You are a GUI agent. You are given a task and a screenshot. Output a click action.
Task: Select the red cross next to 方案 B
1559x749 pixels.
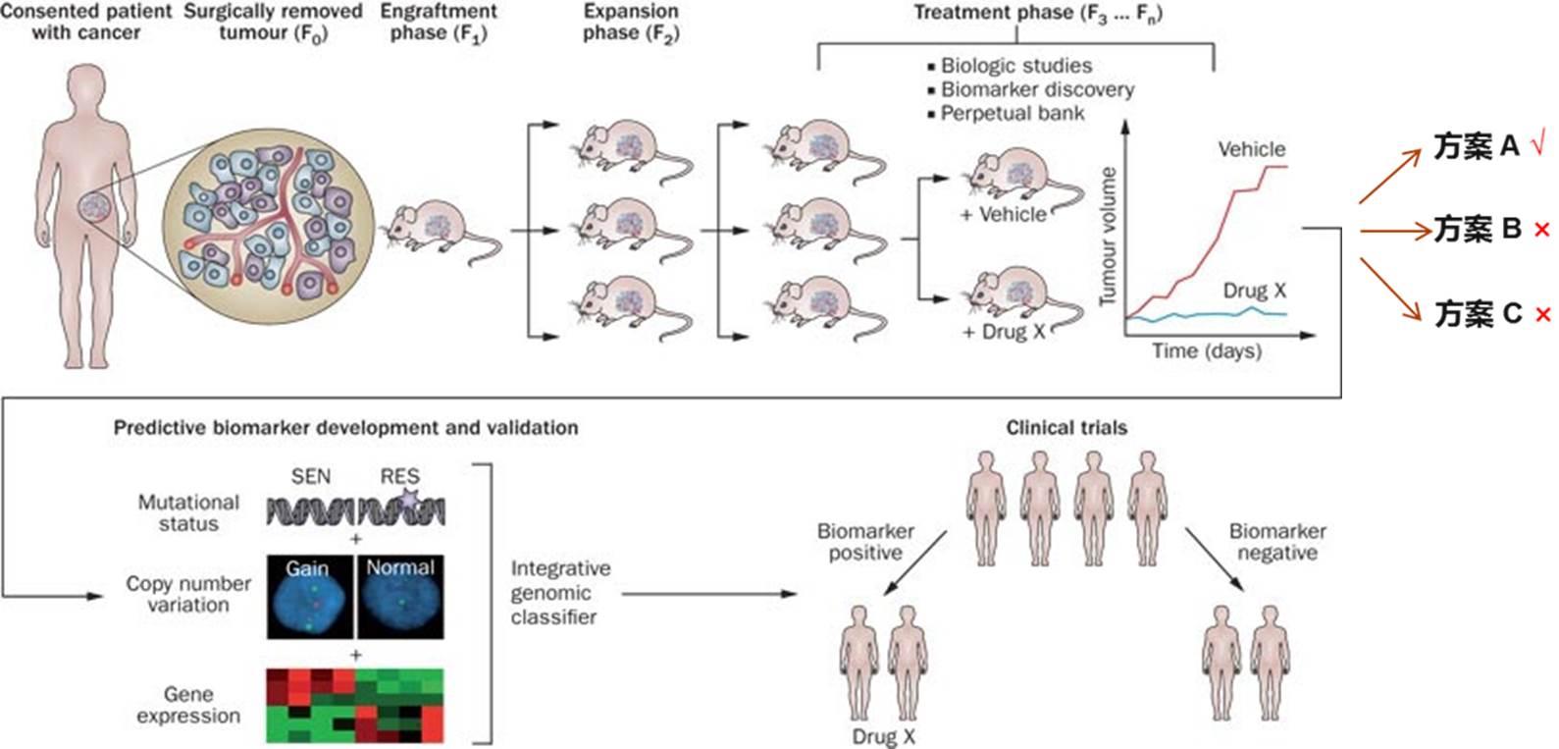1541,230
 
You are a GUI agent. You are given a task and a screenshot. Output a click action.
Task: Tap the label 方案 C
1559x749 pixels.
1478,314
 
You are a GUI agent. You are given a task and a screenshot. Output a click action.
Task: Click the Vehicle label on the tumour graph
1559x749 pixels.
1251,149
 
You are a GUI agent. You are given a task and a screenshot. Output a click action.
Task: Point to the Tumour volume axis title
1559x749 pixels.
1109,237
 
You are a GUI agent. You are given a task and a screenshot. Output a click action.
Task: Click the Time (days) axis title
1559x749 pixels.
1206,351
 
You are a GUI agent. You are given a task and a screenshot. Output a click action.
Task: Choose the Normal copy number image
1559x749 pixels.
399,596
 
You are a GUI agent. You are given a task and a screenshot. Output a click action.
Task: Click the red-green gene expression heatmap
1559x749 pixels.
355,705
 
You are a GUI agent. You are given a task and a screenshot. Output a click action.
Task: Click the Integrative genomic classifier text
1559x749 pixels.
560,593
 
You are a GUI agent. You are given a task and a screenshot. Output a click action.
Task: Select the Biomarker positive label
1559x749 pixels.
864,542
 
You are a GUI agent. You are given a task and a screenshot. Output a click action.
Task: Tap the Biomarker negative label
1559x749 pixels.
1276,542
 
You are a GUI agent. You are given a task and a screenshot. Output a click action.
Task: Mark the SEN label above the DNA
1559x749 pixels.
310,476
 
